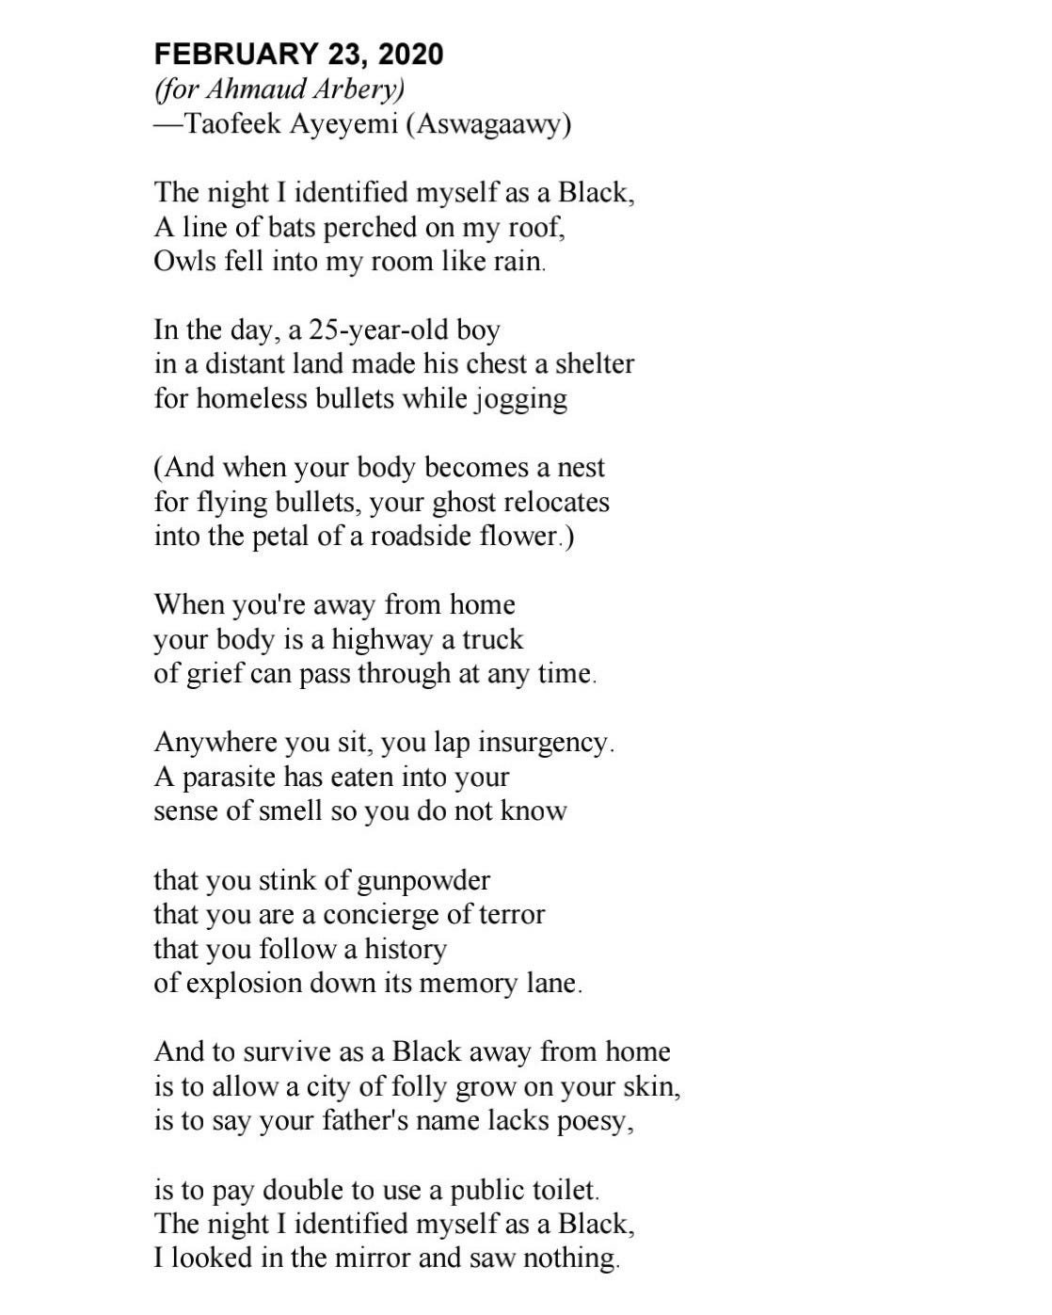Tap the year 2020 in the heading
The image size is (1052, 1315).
pyautogui.click(x=410, y=55)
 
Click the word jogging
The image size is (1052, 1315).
pyautogui.click(x=520, y=400)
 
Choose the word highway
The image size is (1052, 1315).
pyautogui.click(x=381, y=640)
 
